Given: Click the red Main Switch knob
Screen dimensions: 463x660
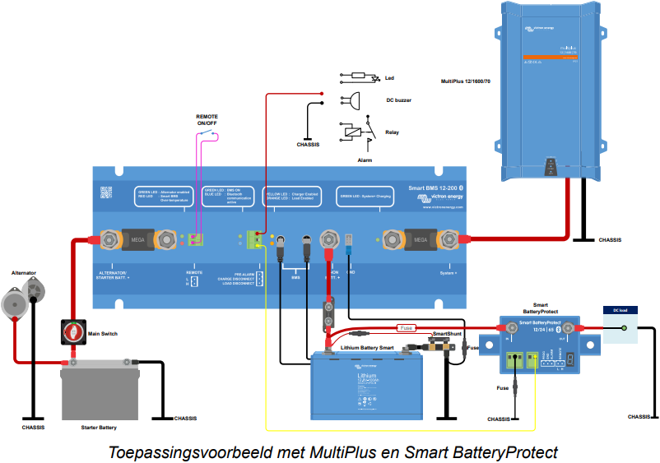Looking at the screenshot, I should pos(72,331).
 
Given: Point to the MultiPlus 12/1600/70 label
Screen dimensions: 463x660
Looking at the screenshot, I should pos(466,81).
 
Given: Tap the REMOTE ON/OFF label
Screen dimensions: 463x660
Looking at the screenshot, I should pos(207,120).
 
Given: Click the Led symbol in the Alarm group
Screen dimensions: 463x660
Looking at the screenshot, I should pos(359,76).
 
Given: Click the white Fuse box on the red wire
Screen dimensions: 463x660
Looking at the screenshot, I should pos(407,327).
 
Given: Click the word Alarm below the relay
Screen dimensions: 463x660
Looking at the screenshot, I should pos(366,160).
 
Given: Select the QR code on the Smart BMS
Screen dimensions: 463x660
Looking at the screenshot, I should pos(106,192).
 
